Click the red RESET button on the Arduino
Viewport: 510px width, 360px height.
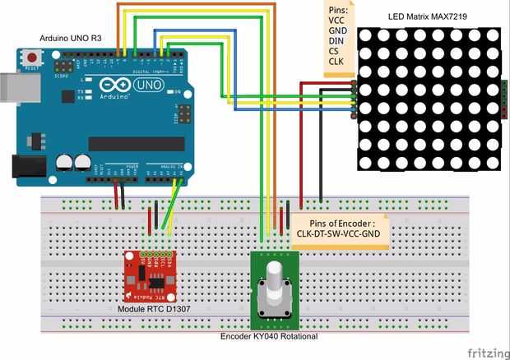pos(32,58)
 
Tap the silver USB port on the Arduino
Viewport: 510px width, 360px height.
pos(11,91)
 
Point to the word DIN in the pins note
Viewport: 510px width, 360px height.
pos(337,40)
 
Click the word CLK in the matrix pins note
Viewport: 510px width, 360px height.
pos(337,62)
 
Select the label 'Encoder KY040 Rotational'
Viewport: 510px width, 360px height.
pos(268,336)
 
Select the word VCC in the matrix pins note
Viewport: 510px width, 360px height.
pos(337,19)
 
